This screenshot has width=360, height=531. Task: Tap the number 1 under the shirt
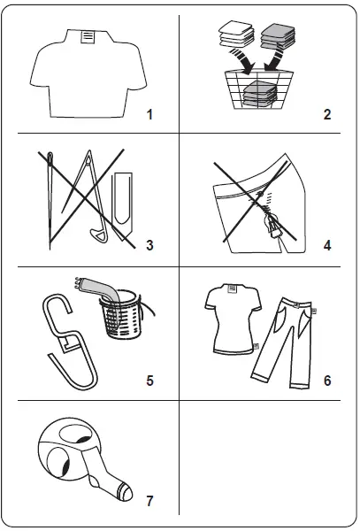click(149, 115)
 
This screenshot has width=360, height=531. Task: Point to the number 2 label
click(328, 115)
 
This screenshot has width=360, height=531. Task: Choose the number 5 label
click(149, 381)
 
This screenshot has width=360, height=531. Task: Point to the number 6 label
click(328, 381)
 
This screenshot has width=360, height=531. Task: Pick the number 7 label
click(149, 502)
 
